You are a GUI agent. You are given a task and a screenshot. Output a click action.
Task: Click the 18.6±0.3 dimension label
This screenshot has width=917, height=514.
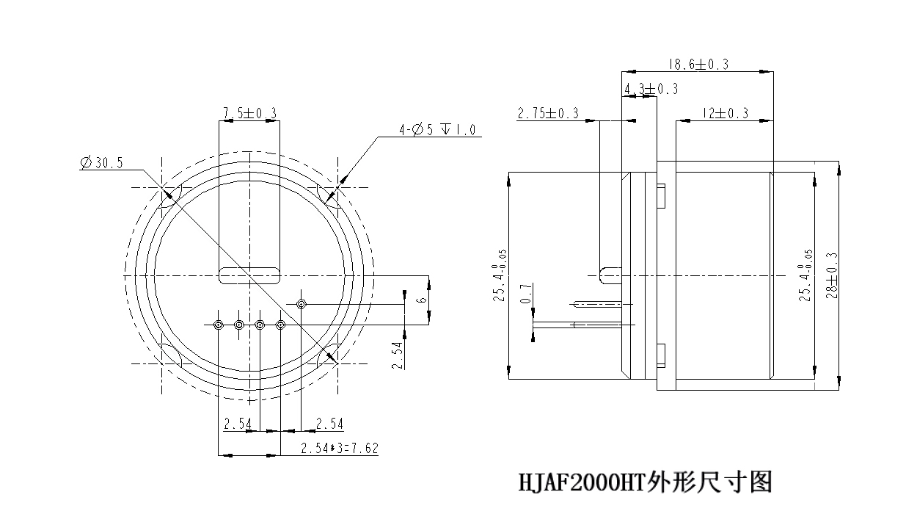coord(698,65)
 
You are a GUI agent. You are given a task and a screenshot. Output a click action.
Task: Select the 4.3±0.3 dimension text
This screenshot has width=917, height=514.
coord(651,89)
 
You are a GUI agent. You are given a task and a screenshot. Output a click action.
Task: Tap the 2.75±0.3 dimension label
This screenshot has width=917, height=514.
coord(548,113)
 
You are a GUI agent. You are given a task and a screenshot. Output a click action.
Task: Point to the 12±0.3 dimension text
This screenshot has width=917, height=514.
coord(725,113)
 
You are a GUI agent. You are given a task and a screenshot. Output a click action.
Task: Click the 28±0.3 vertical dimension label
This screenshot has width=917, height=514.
coord(832,275)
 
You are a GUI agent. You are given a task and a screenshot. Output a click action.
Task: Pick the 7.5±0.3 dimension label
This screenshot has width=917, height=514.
coord(249,113)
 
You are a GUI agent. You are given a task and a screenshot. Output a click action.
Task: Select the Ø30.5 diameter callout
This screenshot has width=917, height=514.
coord(101,163)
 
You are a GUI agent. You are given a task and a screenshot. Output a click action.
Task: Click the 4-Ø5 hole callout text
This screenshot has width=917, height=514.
coord(437,130)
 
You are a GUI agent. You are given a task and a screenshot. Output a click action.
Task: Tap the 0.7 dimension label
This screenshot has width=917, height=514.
coord(527,294)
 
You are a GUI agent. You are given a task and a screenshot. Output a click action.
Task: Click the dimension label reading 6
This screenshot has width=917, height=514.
coord(422,300)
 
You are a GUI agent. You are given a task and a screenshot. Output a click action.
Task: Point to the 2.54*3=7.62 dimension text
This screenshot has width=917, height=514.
coord(340,449)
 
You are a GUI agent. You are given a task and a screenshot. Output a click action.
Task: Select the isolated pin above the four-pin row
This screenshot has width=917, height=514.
coord(302,304)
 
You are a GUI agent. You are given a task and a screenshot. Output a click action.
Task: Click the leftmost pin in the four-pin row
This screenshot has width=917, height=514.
coord(219,325)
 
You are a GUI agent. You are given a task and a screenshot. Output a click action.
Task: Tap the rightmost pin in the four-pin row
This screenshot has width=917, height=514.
coord(280,325)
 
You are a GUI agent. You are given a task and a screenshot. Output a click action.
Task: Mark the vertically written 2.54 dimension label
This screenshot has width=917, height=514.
coord(398,355)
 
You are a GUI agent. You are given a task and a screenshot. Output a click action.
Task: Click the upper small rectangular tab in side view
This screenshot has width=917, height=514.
coord(661,196)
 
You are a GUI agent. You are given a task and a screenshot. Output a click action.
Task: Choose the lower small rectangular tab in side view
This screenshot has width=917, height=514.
coord(661,355)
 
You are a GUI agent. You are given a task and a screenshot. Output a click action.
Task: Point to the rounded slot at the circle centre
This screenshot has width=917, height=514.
coord(249,275)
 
